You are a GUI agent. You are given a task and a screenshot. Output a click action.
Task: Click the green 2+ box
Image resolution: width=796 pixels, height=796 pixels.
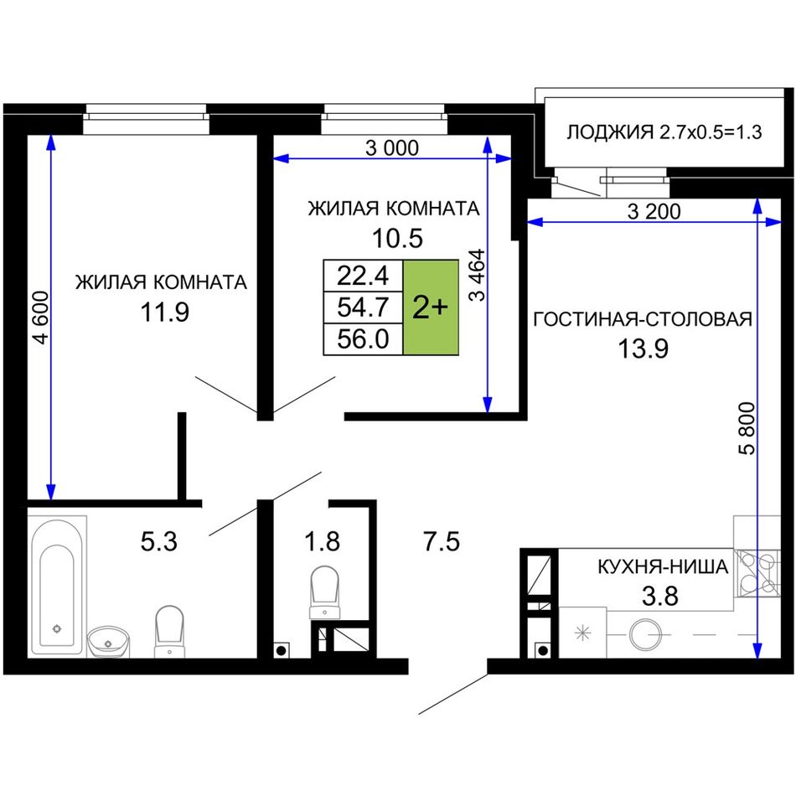tap(431, 308)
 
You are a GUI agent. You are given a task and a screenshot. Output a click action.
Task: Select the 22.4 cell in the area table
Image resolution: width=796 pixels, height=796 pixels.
tap(363, 276)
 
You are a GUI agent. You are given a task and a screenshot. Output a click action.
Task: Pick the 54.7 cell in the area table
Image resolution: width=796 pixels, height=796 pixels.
tap(363, 308)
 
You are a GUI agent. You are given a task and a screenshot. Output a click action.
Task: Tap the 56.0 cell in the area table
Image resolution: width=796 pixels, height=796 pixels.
tap(363, 339)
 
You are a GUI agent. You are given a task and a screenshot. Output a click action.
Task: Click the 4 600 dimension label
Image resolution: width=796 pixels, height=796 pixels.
tap(40, 318)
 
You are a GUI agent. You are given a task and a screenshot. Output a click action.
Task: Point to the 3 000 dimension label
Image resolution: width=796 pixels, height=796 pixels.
tap(392, 148)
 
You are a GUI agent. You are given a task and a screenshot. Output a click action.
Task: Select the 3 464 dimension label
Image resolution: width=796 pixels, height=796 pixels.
tap(478, 275)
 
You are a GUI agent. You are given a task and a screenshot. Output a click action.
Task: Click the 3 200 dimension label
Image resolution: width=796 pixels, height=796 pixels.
tap(654, 211)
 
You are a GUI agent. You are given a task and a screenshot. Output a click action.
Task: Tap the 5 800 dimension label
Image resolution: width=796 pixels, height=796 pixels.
tap(747, 428)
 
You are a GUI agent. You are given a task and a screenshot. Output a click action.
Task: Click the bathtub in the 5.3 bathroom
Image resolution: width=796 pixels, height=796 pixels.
tap(57, 586)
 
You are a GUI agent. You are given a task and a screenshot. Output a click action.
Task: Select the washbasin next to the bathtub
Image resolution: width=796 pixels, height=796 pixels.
tap(108, 642)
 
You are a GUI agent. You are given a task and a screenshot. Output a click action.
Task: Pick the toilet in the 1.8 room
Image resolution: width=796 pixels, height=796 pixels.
tap(324, 592)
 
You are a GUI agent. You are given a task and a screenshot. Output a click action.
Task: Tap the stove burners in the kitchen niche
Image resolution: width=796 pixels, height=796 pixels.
tap(758, 572)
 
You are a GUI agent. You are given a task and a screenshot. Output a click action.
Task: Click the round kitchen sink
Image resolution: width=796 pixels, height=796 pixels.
tap(644, 633)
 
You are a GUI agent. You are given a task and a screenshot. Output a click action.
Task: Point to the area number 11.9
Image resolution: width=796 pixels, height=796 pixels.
tap(164, 312)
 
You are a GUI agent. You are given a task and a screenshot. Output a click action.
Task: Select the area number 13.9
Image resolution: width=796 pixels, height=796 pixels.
tap(643, 349)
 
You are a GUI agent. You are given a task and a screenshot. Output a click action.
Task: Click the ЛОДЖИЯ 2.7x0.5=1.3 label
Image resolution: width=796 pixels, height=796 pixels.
tap(664, 132)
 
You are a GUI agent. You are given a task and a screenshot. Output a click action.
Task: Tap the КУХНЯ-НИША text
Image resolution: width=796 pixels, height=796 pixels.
tap(663, 566)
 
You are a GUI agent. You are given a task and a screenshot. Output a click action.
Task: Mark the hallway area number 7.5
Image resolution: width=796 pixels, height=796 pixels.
tap(442, 541)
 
